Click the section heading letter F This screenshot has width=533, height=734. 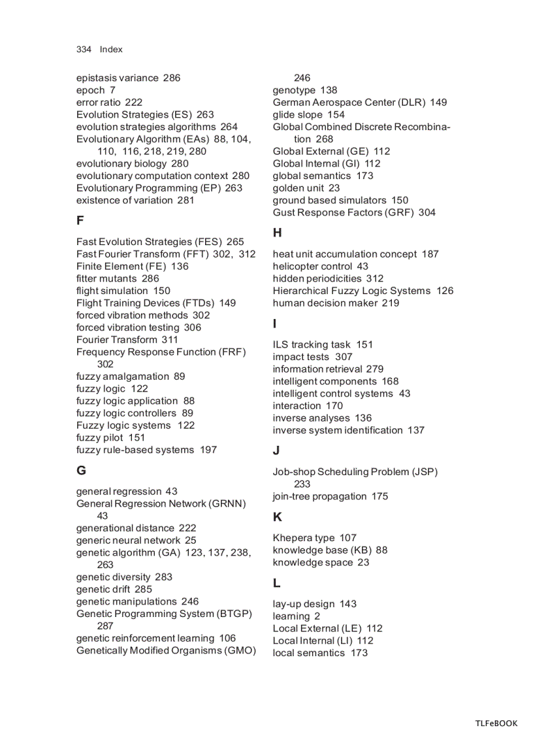[x=80, y=220]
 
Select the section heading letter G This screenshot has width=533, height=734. [x=81, y=470]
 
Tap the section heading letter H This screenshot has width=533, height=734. [x=277, y=233]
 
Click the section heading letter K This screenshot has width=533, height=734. [x=277, y=517]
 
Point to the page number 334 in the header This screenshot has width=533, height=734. [x=84, y=50]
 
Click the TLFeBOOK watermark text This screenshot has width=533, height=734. [x=496, y=723]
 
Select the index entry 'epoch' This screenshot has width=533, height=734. [x=90, y=90]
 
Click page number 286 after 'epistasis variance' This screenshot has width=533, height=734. [x=172, y=78]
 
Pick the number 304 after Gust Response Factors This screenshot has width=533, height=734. [x=427, y=212]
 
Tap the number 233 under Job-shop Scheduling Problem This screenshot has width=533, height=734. [x=302, y=484]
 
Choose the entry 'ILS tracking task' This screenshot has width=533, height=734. [x=312, y=344]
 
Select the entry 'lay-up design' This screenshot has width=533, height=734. [x=303, y=604]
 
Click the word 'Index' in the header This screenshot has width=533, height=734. [x=111, y=50]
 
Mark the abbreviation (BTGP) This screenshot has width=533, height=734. [x=234, y=614]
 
